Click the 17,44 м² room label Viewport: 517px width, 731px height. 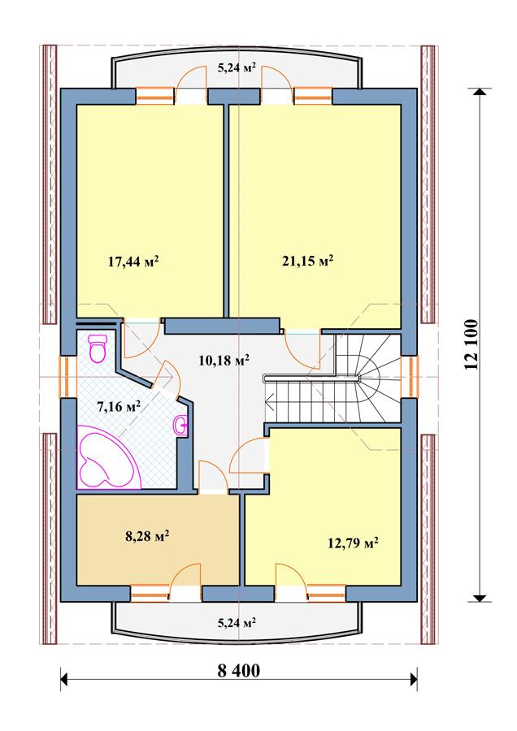[133, 261]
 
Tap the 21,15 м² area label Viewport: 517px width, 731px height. [307, 260]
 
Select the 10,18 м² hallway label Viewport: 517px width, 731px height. [224, 360]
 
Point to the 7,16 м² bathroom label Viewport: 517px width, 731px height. [119, 407]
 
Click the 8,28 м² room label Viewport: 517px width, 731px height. [147, 536]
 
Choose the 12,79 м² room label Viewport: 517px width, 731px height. [353, 543]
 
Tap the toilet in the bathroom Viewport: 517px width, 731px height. [98, 348]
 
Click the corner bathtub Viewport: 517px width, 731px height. [109, 456]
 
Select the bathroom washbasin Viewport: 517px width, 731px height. [181, 425]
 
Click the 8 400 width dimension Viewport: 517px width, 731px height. [238, 671]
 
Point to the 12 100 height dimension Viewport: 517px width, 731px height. [471, 344]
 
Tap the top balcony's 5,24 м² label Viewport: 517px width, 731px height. [237, 67]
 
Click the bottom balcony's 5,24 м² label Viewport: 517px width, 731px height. [237, 622]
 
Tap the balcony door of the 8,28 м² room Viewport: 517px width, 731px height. [185, 582]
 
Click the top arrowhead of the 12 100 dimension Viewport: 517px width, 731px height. [480, 91]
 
